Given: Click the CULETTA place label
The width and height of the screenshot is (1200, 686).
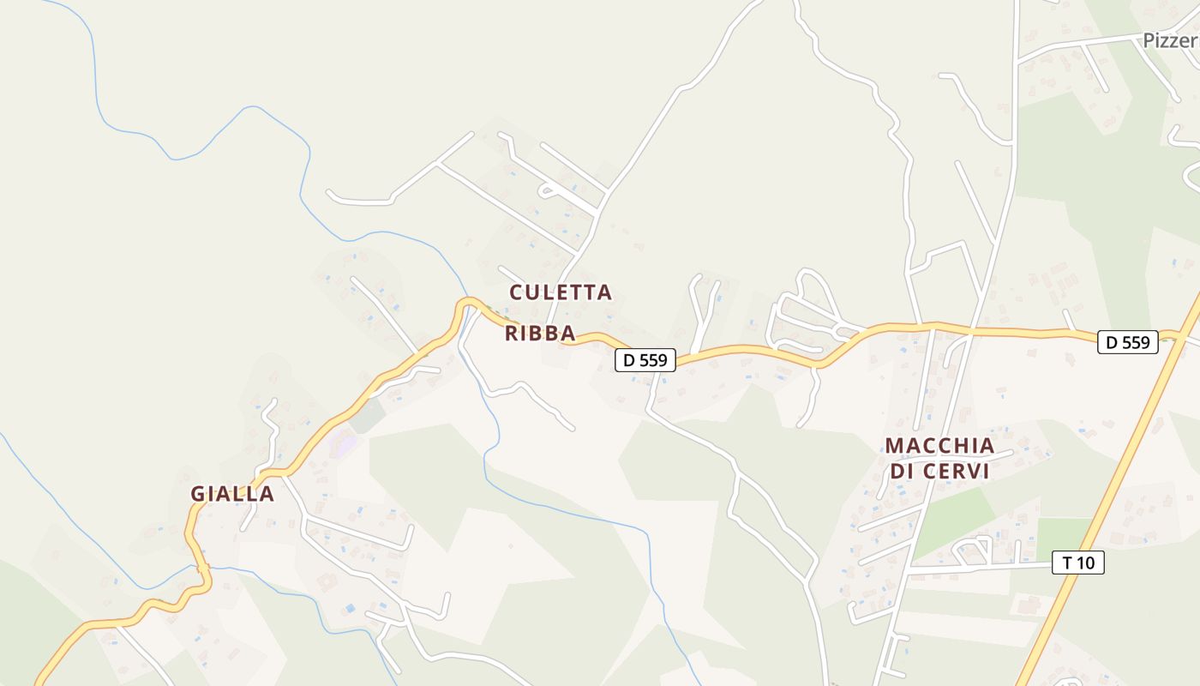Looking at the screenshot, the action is [561, 292].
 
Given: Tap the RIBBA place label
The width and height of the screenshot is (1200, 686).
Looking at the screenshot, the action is [540, 334].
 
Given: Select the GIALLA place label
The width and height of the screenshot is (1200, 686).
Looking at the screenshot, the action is [232, 494].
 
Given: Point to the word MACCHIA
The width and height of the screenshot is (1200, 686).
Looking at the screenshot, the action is [939, 446].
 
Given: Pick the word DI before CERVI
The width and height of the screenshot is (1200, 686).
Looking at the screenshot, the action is [902, 472].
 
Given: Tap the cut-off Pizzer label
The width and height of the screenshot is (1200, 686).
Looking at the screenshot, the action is [1171, 40].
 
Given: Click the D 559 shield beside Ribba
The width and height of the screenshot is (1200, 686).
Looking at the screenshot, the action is [645, 360].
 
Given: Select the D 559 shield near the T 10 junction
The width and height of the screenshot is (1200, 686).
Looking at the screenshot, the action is [1128, 342].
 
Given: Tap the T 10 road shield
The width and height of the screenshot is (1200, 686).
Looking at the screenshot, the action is [1078, 563].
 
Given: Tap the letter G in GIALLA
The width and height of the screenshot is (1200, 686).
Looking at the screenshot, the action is [198, 494].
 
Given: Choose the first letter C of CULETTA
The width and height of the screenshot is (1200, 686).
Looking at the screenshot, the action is [517, 292].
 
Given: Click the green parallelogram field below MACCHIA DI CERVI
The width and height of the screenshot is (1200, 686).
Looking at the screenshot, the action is [953, 519].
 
